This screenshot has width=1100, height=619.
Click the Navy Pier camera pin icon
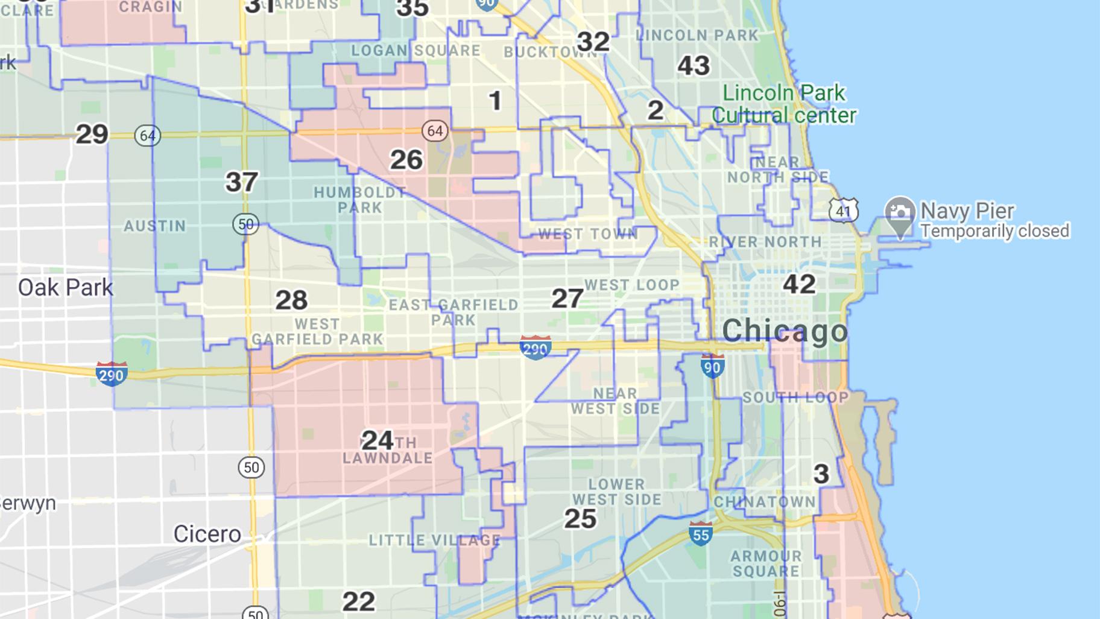click(x=900, y=214)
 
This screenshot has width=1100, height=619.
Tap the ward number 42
click(x=799, y=284)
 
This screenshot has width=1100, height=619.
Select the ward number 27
click(x=567, y=298)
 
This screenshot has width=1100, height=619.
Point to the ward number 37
click(x=242, y=182)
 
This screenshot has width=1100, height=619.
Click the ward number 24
click(x=378, y=440)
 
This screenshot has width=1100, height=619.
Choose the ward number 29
click(x=92, y=134)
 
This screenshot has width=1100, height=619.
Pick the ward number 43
click(x=694, y=66)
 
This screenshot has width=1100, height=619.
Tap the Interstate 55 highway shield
click(x=700, y=533)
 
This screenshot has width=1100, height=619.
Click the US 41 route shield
click(x=843, y=210)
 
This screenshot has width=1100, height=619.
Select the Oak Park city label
click(x=65, y=288)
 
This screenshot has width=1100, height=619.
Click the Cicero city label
click(x=207, y=534)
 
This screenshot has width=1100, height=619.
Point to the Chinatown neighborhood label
click(x=765, y=502)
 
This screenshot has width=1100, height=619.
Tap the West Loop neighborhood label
click(x=631, y=285)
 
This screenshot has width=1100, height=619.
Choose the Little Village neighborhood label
click(x=434, y=540)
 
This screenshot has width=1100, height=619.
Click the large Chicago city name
click(x=785, y=331)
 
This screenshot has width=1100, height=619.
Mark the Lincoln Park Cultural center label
click(x=783, y=104)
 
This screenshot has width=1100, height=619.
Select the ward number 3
click(x=821, y=474)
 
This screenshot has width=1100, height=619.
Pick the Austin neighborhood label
click(x=155, y=226)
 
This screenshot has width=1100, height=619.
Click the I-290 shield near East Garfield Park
click(x=535, y=348)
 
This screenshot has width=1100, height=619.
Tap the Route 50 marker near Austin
click(x=245, y=224)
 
